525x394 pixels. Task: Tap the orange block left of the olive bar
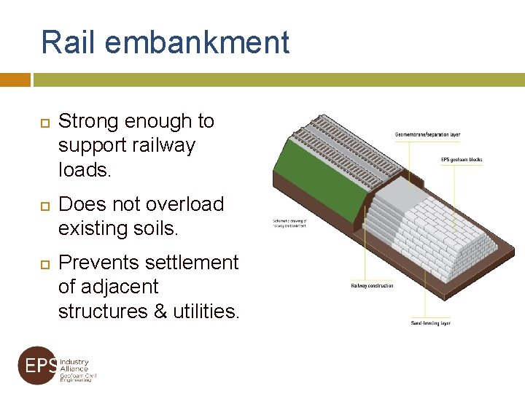tap(15, 80)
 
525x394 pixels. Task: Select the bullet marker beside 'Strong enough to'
tap(42, 121)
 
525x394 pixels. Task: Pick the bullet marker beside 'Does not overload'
tap(42, 204)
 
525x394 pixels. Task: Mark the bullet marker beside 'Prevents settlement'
tap(42, 263)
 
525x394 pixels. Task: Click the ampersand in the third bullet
tap(161, 312)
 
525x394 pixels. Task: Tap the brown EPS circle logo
tap(36, 365)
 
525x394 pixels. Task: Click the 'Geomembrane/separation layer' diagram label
tap(427, 134)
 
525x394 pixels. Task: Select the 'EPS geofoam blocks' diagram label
tap(462, 160)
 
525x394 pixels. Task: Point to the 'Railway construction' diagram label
tap(372, 285)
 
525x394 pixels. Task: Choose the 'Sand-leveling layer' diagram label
tap(430, 322)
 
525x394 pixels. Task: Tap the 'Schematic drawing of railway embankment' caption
tap(290, 223)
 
